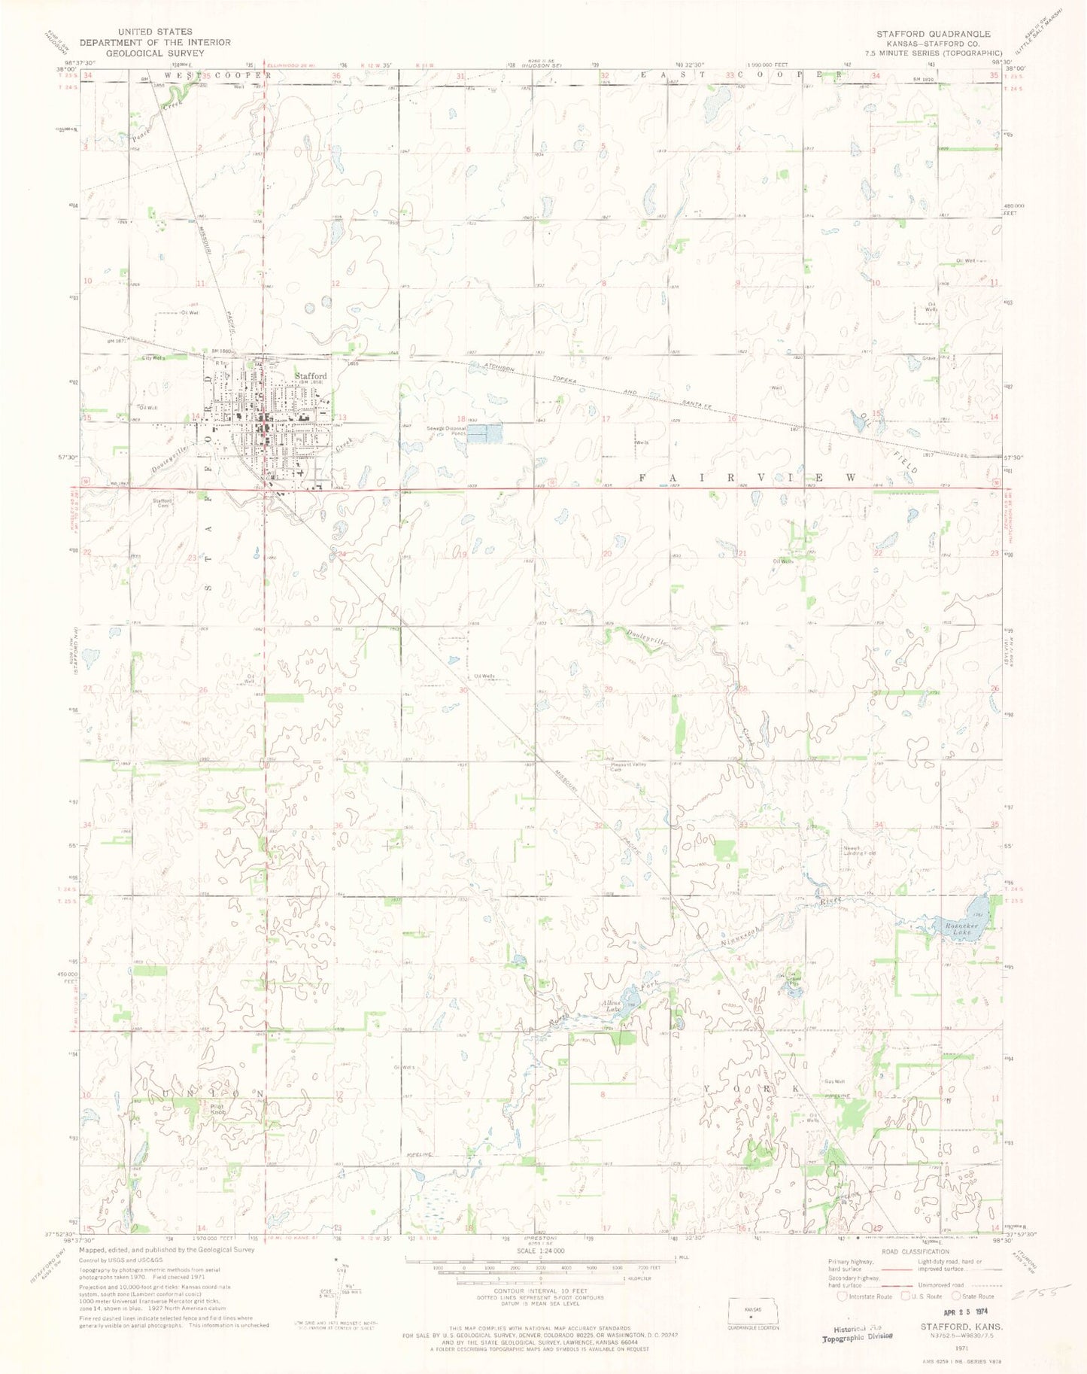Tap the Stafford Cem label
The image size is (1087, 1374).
(x=163, y=503)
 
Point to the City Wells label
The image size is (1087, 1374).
(x=153, y=358)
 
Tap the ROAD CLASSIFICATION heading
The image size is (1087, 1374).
(x=900, y=1251)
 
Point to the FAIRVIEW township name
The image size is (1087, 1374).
(x=748, y=477)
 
